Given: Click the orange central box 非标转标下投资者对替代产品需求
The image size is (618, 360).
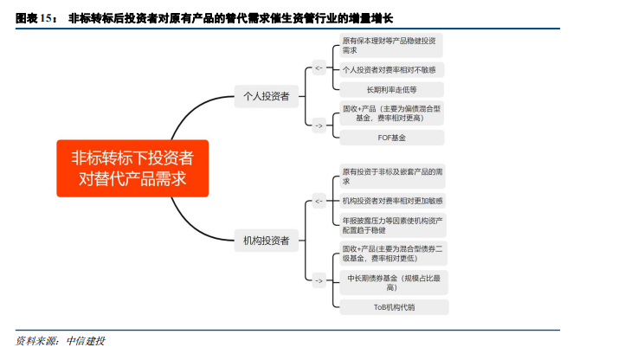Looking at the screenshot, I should click(x=132, y=168).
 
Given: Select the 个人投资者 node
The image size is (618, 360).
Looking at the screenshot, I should click(x=266, y=96).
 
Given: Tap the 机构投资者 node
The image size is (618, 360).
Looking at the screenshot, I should click(x=266, y=240).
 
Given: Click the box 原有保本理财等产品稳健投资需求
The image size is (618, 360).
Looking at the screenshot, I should click(x=389, y=45).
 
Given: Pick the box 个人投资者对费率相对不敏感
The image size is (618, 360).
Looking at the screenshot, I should click(x=389, y=69).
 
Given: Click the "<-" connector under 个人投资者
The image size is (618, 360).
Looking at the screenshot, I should click(x=319, y=67).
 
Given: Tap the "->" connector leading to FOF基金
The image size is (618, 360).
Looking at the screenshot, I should click(x=319, y=125).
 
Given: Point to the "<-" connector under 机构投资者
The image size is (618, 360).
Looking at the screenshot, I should click(x=319, y=201).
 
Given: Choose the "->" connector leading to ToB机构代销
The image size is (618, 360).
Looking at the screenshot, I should click(x=319, y=280).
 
